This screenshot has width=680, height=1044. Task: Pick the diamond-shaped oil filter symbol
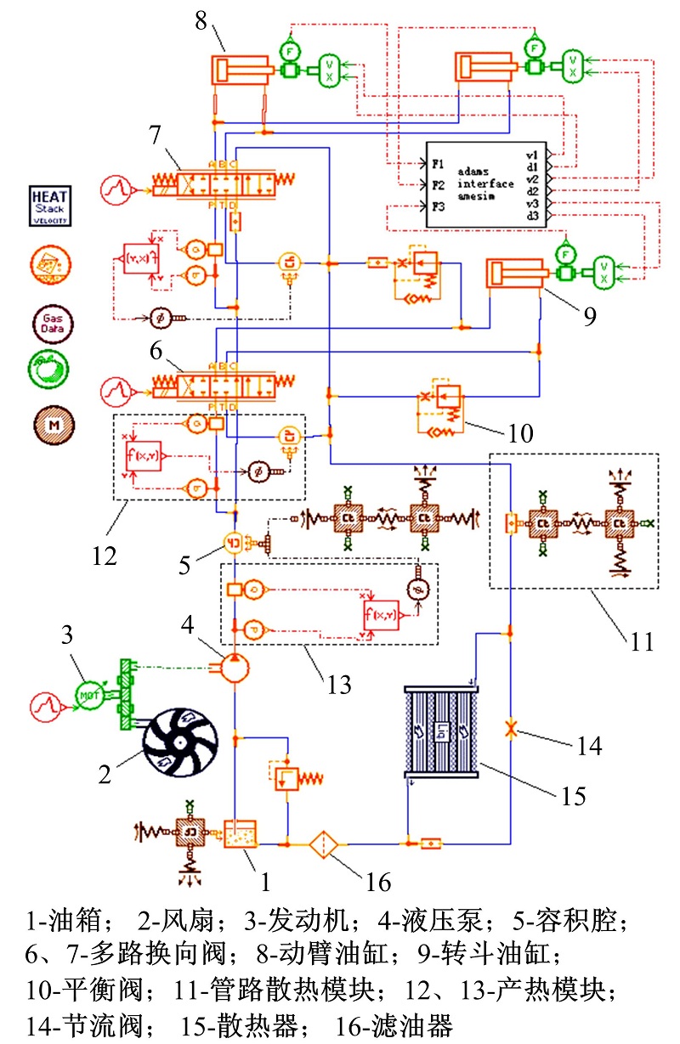click(x=324, y=844)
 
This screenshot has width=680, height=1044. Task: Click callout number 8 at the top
click(x=201, y=20)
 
